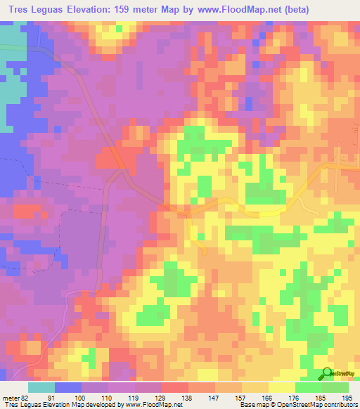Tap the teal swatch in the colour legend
click(x=41, y=387)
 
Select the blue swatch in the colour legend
click(x=68, y=387)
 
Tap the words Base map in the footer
click(x=255, y=405)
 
